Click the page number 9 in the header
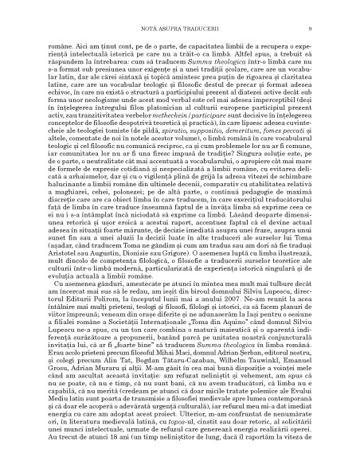[319, 7]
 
